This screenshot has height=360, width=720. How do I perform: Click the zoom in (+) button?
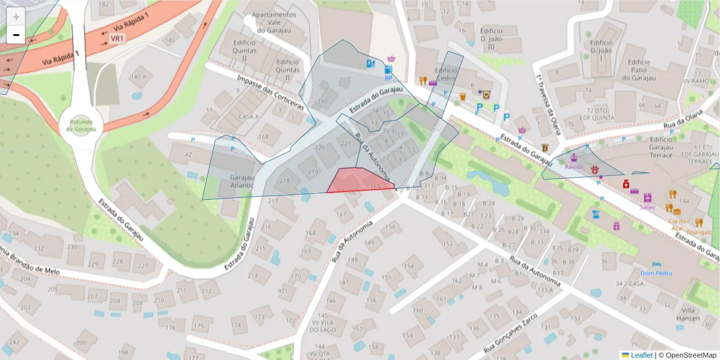[16, 17]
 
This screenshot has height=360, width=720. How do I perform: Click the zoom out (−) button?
[16, 35]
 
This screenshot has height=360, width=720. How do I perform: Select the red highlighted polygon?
[359, 181]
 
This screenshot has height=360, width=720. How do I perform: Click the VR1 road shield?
[118, 38]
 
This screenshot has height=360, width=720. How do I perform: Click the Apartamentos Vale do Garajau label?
[274, 22]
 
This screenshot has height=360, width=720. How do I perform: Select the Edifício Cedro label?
[447, 74]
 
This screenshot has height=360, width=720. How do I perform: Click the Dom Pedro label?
[656, 273]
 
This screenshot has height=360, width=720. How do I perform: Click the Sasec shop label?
[647, 206]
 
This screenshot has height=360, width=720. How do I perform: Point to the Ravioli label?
[574, 167]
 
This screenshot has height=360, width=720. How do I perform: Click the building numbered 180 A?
[138, 77]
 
